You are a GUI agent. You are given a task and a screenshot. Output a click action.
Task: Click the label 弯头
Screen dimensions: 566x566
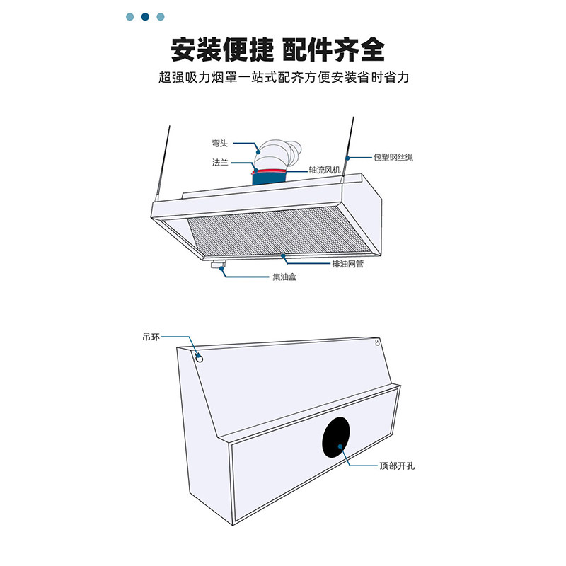220,141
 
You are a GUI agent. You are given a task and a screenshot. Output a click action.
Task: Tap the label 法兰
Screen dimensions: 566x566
220,162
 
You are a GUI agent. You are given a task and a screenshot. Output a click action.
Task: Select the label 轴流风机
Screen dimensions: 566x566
325,171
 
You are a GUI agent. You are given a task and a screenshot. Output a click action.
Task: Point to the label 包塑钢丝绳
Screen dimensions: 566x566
393,156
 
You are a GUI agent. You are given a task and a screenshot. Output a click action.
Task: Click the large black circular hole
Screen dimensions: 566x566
336,437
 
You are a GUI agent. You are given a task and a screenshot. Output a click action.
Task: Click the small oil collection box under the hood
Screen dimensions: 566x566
218,266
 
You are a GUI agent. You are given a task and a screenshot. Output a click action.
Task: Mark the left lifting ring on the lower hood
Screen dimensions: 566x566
200,358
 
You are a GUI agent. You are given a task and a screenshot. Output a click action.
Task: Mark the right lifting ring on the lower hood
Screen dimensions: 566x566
377,345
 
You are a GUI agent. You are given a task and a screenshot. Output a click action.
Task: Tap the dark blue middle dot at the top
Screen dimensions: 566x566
145,16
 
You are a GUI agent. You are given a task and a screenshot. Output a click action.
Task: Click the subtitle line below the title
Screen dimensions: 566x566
283,78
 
